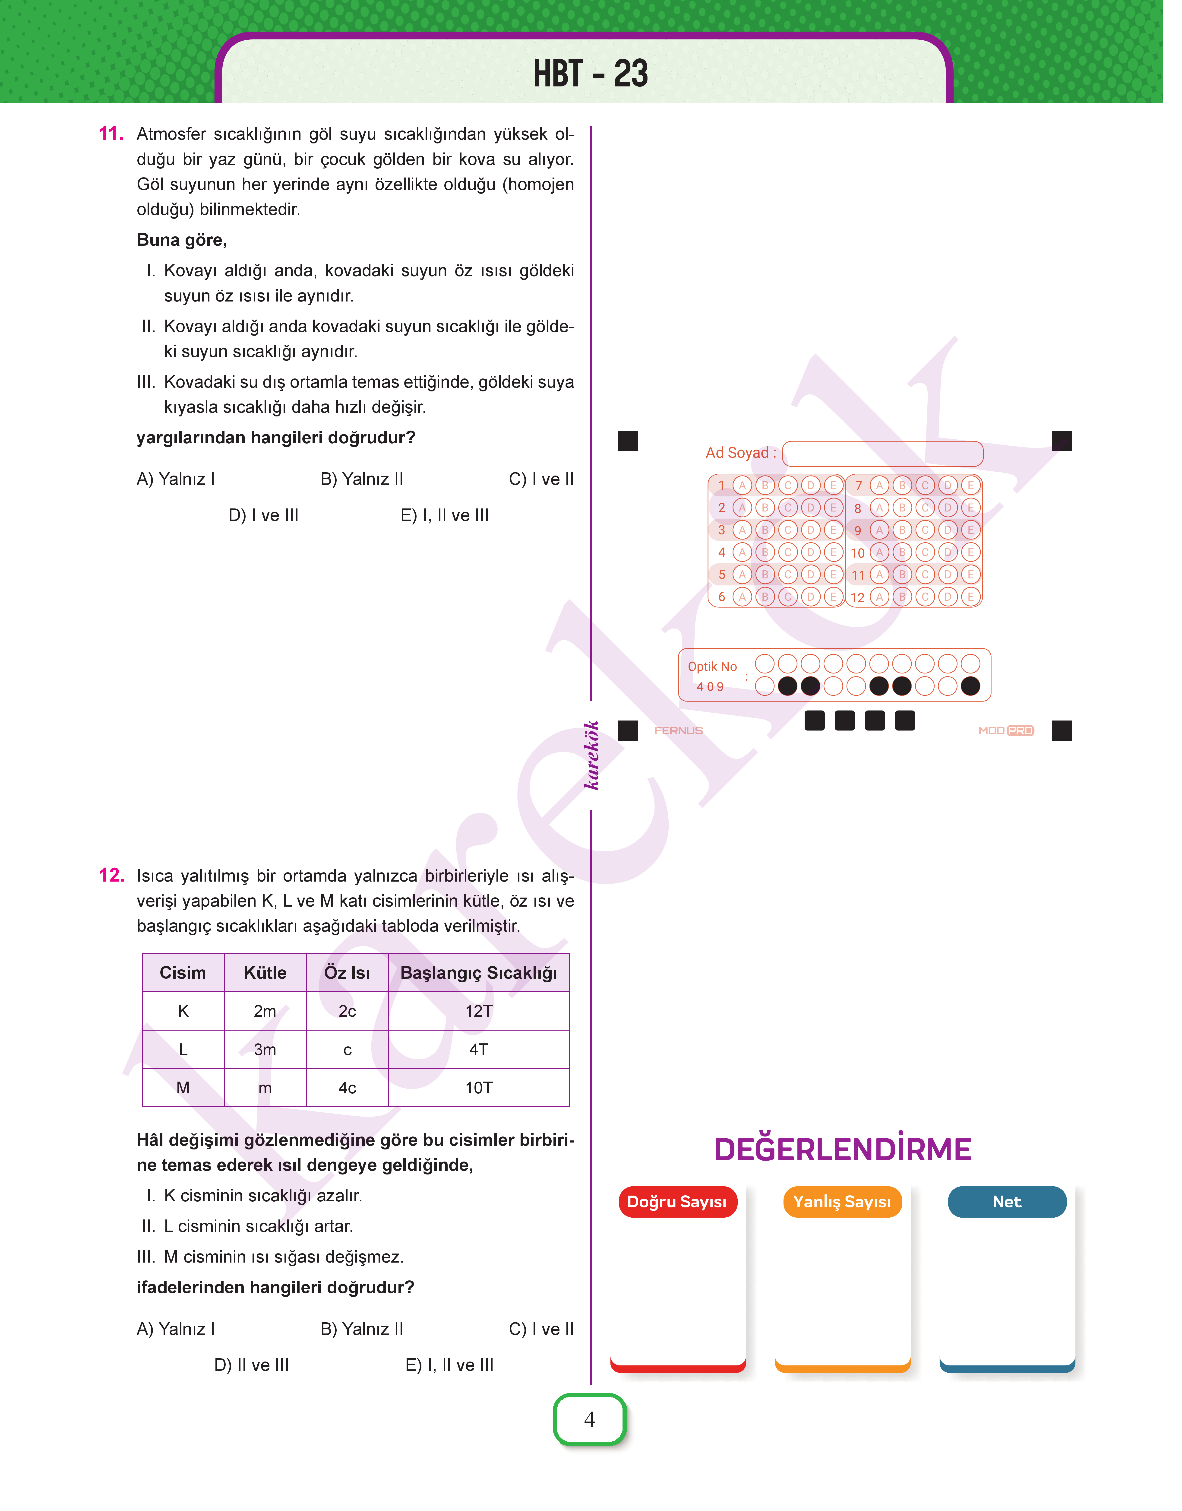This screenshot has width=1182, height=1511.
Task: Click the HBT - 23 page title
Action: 590,73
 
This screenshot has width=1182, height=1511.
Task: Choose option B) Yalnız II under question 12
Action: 362,1329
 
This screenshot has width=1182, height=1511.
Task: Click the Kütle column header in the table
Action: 265,972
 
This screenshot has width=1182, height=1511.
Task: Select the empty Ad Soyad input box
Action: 882,453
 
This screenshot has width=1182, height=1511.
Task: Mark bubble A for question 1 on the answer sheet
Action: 742,485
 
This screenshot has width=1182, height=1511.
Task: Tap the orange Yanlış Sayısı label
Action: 842,1202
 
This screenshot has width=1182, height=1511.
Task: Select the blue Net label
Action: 1007,1202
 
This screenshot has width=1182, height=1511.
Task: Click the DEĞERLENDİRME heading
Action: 842,1150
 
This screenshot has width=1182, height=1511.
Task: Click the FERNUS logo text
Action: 678,730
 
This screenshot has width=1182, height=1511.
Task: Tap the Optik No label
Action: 712,667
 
